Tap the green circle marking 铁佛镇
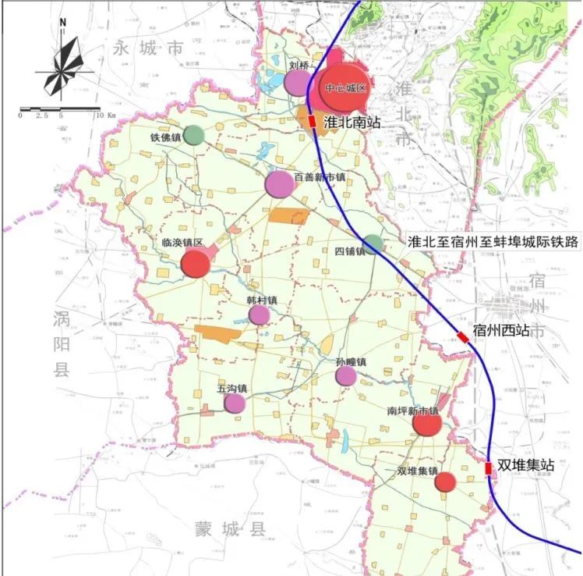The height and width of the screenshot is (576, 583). (194, 136)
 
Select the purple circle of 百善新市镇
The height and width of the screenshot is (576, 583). (279, 184)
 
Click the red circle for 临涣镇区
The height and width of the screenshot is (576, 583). (196, 264)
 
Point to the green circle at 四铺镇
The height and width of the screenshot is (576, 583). (373, 244)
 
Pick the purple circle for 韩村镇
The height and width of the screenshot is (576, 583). (260, 315)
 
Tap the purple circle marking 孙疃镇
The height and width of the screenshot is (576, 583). (346, 376)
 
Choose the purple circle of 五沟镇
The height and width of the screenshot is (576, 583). (234, 403)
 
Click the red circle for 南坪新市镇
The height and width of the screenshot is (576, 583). (427, 424)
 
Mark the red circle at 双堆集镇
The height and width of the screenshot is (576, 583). (444, 482)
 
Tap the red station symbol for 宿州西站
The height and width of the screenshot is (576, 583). (463, 336)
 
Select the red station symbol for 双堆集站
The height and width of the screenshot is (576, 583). (489, 468)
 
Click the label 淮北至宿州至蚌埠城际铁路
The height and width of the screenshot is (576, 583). (494, 242)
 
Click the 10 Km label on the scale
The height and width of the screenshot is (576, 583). (105, 115)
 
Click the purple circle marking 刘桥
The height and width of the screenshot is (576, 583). (296, 81)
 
